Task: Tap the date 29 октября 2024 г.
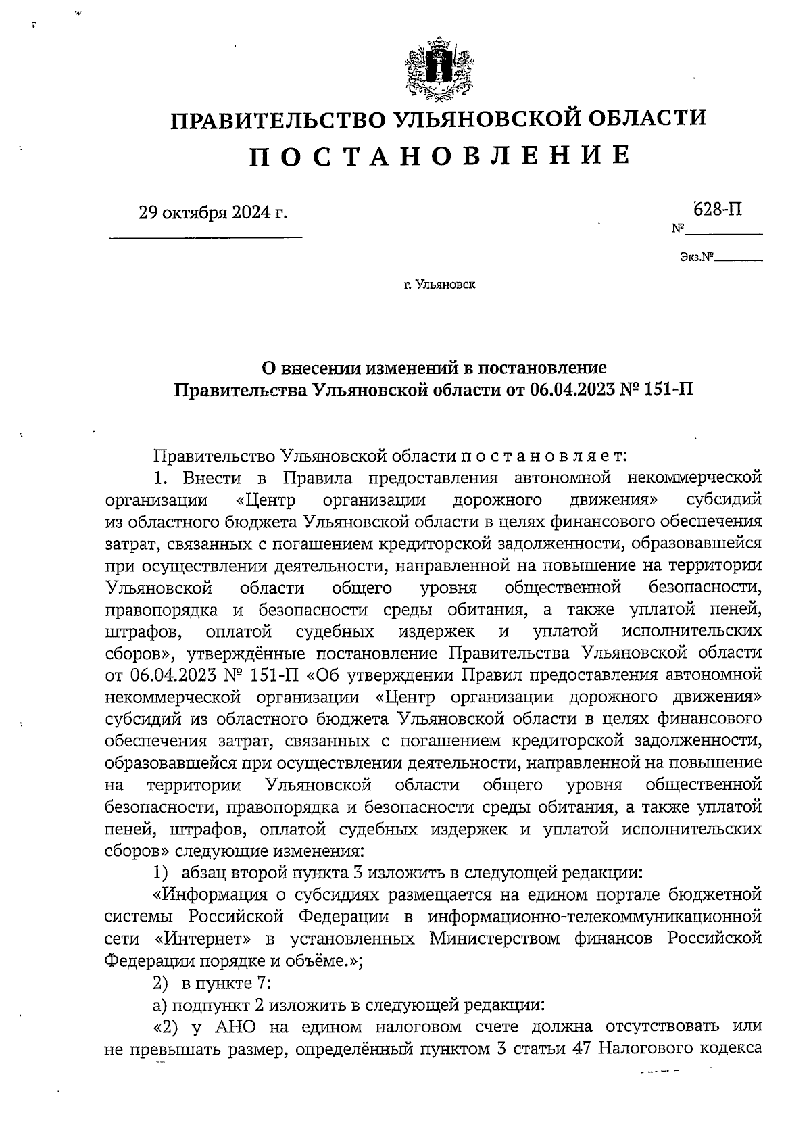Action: click(x=213, y=213)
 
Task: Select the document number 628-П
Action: click(x=717, y=209)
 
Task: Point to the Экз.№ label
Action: click(x=697, y=258)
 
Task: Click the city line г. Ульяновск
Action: click(x=440, y=285)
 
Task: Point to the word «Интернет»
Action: click(x=203, y=939)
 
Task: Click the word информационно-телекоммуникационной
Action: click(x=595, y=917)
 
